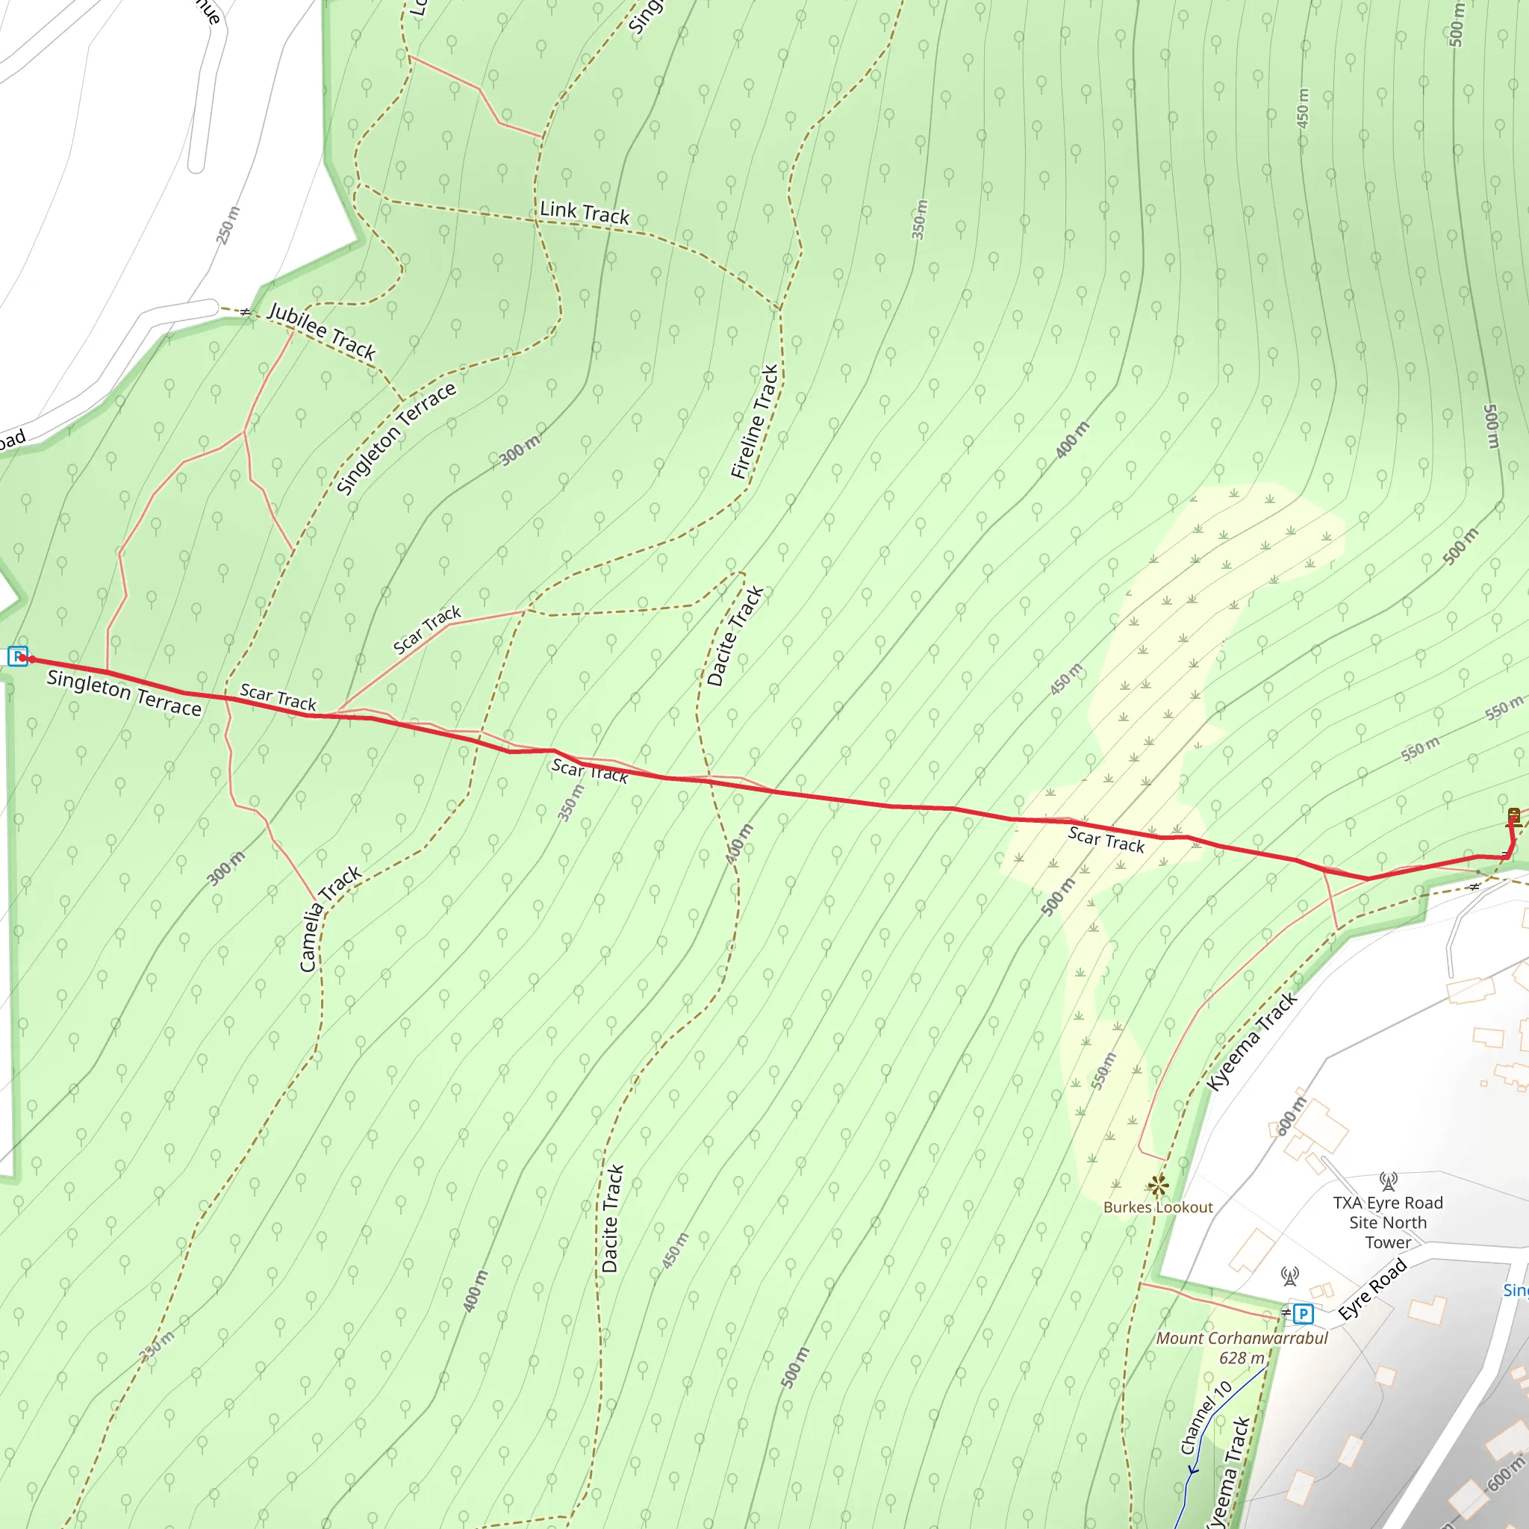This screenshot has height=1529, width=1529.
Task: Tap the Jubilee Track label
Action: pyautogui.click(x=321, y=331)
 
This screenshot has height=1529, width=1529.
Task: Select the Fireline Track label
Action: pyautogui.click(x=754, y=422)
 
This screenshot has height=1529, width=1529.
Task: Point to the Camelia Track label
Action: pyautogui.click(x=329, y=918)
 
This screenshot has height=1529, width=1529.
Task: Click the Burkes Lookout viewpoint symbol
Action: pyautogui.click(x=1158, y=1186)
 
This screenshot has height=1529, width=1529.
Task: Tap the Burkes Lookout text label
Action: pyautogui.click(x=1158, y=1207)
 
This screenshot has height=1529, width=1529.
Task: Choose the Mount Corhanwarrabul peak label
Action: pyautogui.click(x=1242, y=1337)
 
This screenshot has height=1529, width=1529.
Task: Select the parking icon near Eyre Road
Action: pyautogui.click(x=1304, y=1314)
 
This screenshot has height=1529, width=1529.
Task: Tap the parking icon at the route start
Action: pyautogui.click(x=17, y=656)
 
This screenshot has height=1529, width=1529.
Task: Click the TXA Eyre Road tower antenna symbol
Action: pyautogui.click(x=1388, y=1182)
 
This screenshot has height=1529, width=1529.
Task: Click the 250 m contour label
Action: pyautogui.click(x=227, y=225)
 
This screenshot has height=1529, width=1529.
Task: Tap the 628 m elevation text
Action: pyautogui.click(x=1242, y=1358)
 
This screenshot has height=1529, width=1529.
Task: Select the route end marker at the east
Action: pyautogui.click(x=1514, y=816)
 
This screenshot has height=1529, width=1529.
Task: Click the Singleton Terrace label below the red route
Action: pyautogui.click(x=124, y=694)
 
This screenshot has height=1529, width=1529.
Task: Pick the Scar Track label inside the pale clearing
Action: pyautogui.click(x=1106, y=840)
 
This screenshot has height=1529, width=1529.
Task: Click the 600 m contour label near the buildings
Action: pyautogui.click(x=1292, y=1117)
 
